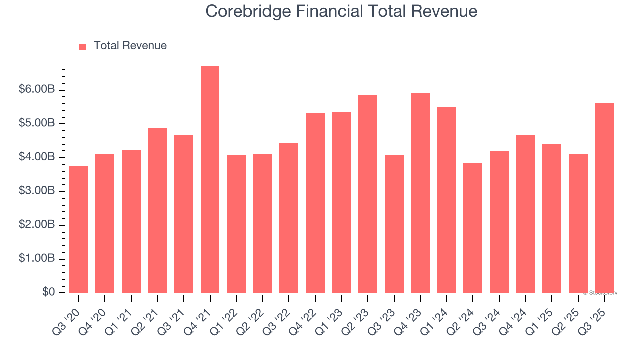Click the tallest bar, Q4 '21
pyautogui.click(x=210, y=180)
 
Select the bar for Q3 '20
pyautogui.click(x=79, y=229)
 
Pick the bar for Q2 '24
pyautogui.click(x=473, y=228)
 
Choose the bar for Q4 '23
pyautogui.click(x=420, y=193)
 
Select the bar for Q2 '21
pyautogui.click(x=157, y=210)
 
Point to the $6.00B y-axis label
pyautogui.click(x=37, y=90)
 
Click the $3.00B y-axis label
pyautogui.click(x=37, y=191)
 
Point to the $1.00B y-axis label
pyautogui.click(x=37, y=259)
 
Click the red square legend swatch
pyautogui.click(x=83, y=46)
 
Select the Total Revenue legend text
pyautogui.click(x=130, y=46)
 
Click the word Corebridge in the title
pyautogui.click(x=245, y=11)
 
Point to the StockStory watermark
pyautogui.click(x=600, y=293)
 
